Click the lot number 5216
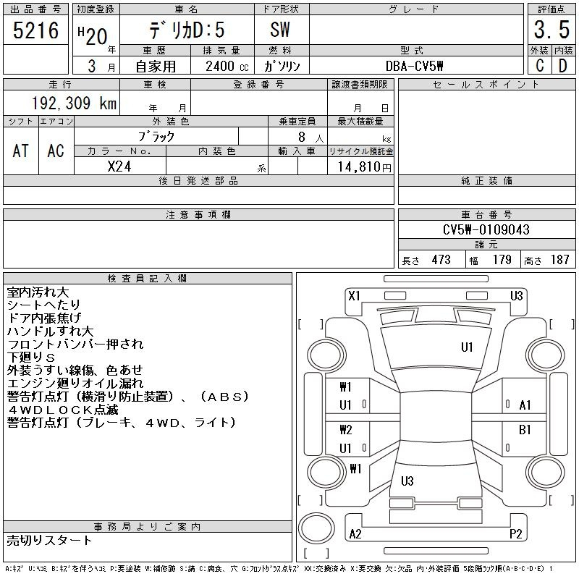coord(35,30)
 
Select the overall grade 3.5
coord(551,30)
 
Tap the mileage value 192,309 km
coord(74,103)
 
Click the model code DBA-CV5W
coord(414,66)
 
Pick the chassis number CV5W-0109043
coord(486,229)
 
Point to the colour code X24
coord(119,166)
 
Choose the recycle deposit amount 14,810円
coord(364,167)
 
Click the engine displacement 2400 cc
coord(227,66)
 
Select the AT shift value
coord(21,151)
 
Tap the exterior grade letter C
coord(540,66)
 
